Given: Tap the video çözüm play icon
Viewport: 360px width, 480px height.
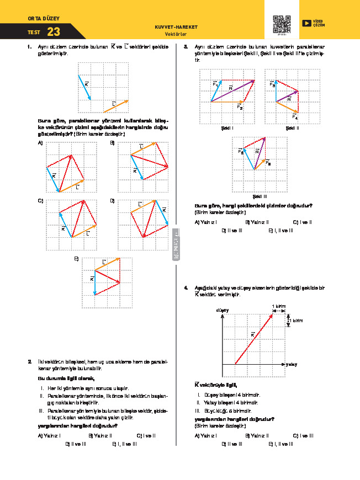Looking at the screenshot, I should pyautogui.click(x=306, y=23).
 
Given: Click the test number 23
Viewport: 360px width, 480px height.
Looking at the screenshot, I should pyautogui.click(x=54, y=32).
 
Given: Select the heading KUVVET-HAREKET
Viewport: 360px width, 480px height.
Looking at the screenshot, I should pyautogui.click(x=177, y=26).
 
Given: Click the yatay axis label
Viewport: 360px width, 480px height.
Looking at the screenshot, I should pyautogui.click(x=292, y=365).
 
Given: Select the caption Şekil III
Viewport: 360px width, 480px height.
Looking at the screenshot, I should pyautogui.click(x=260, y=196).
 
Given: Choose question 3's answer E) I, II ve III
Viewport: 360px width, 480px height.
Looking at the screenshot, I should pyautogui.click(x=280, y=230).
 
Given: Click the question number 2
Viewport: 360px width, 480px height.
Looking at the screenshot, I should pyautogui.click(x=29, y=361).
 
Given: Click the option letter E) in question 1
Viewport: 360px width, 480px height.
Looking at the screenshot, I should pyautogui.click(x=76, y=258).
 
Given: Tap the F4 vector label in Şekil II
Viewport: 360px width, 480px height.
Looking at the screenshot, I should pyautogui.click(x=295, y=117).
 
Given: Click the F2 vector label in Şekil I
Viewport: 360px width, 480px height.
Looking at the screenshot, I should pyautogui.click(x=240, y=107).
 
